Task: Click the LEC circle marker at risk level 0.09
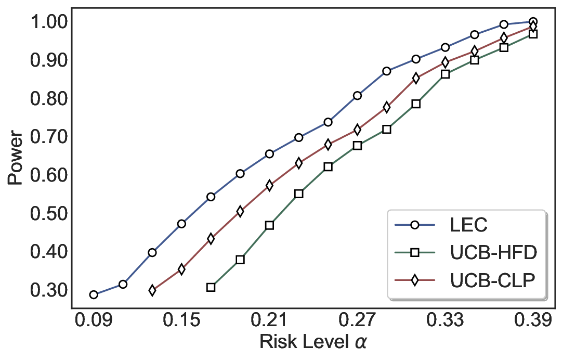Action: click(x=94, y=294)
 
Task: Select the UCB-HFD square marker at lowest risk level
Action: click(x=211, y=287)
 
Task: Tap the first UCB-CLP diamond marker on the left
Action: click(x=152, y=290)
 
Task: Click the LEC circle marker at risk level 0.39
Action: click(x=533, y=22)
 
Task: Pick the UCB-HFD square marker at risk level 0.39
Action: click(x=533, y=34)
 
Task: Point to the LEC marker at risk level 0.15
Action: click(x=181, y=224)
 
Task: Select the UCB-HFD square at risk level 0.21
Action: click(x=269, y=225)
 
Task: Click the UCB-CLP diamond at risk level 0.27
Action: click(x=357, y=130)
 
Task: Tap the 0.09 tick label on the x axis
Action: click(x=94, y=322)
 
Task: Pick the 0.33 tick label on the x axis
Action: click(x=446, y=322)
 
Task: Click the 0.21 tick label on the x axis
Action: click(x=269, y=322)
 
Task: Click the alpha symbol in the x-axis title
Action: click(x=361, y=343)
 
